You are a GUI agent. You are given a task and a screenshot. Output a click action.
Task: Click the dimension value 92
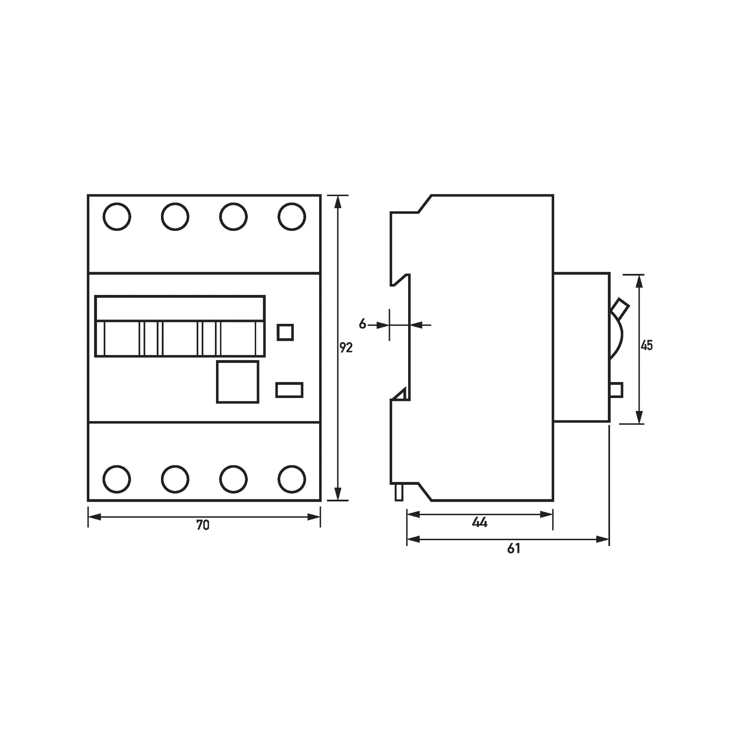pos(346,347)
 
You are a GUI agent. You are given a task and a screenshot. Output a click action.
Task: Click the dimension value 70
pos(203,525)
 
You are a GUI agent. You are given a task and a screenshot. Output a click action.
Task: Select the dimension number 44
pos(479,522)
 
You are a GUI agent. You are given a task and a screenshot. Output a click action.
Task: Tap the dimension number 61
pos(513,549)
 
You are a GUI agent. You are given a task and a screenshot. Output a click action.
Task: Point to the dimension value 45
pos(647,346)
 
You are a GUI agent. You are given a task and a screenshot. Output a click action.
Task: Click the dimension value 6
pos(363,324)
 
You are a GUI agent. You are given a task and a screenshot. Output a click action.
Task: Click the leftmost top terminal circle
pos(117,217)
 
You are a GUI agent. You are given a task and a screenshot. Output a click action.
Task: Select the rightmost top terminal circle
pos(292,217)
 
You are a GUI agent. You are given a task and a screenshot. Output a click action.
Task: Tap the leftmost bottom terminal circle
pos(117,479)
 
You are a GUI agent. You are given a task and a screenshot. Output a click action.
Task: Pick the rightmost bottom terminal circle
pos(292,479)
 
